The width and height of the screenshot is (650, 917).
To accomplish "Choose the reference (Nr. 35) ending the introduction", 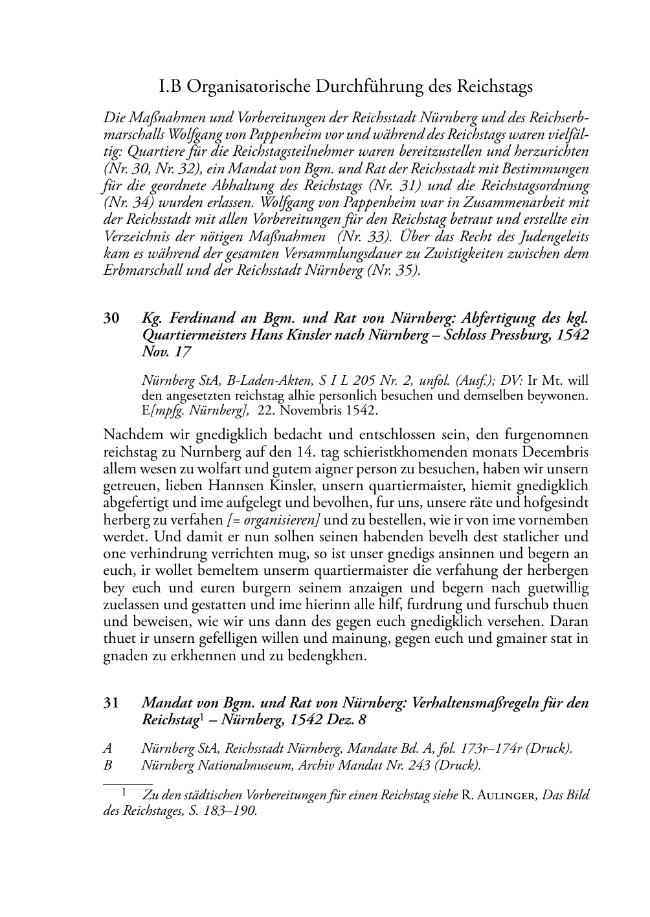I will [394, 270].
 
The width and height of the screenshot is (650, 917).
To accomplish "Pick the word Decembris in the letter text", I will [552, 451].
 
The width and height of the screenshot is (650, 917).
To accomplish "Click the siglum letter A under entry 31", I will [107, 749].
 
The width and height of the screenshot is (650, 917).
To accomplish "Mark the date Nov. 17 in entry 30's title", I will [166, 352].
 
